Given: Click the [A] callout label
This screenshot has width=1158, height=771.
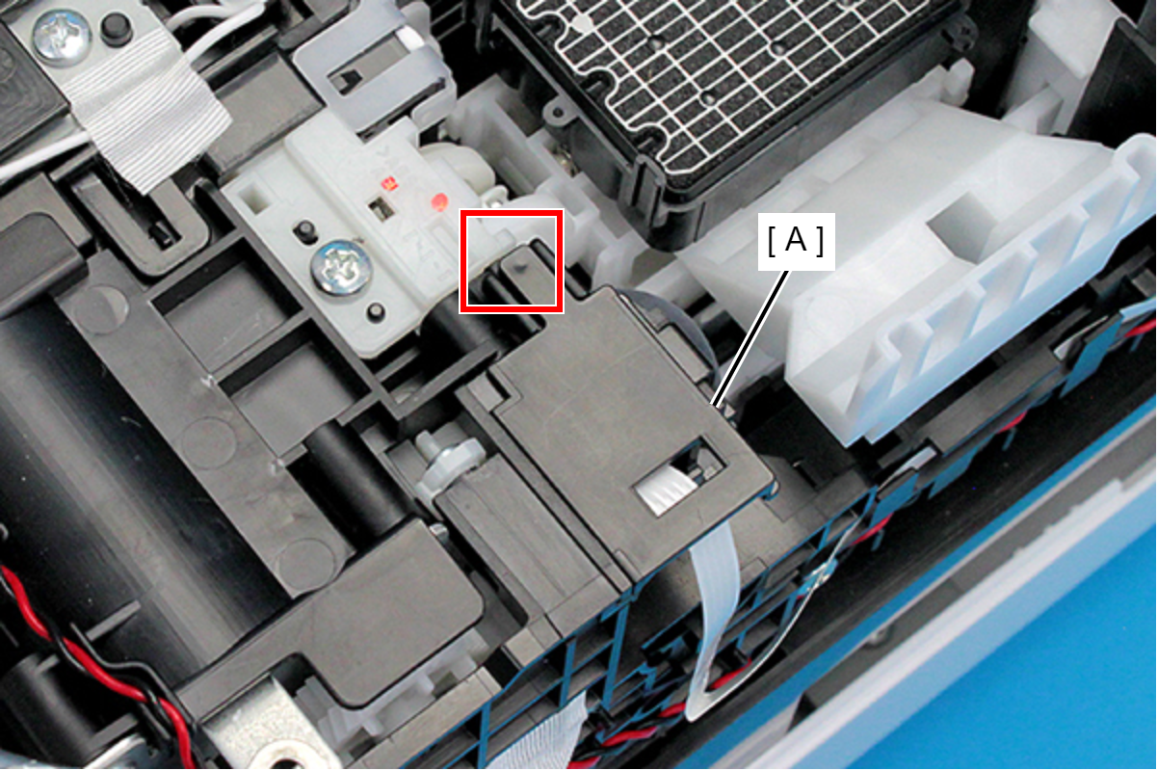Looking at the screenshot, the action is point(796,242).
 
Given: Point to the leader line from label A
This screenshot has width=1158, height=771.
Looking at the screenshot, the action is point(750,337).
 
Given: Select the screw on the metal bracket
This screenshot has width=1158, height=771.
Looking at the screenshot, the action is point(62,38).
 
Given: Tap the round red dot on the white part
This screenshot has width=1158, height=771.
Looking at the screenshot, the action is point(439,201).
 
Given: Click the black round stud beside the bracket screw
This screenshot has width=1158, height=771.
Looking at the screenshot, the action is point(116,30).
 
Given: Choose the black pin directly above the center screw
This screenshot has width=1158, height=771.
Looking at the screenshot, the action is point(305,231).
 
